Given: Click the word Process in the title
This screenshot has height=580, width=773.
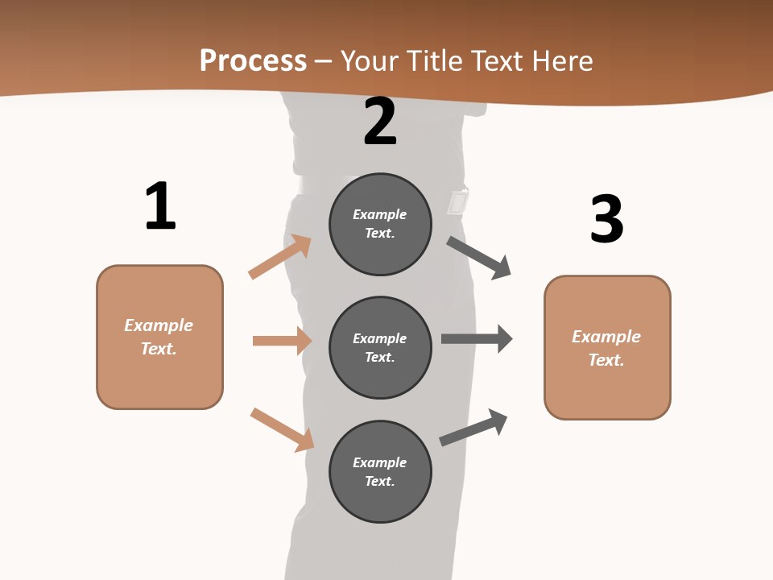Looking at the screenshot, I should tap(253, 60).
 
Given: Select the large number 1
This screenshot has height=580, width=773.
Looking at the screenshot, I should tap(160, 206).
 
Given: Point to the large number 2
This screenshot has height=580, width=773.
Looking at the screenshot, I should tap(380, 122).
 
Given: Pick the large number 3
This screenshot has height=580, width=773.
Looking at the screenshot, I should tap(606, 219).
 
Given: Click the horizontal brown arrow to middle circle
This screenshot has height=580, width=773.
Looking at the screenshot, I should tap(282, 341).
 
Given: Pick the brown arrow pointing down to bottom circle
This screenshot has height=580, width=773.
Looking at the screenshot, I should tap(282, 429).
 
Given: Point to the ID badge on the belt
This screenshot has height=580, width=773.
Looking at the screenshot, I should tap(458, 201).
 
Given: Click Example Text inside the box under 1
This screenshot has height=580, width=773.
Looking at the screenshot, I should tap(159, 337).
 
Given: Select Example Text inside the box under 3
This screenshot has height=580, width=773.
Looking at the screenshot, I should tap(606, 348).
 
